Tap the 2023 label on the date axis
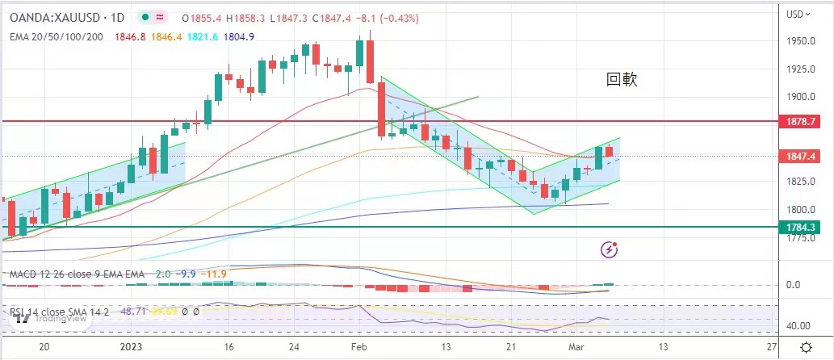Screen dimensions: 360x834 [x=132, y=345]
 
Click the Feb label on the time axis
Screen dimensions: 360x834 [x=358, y=345]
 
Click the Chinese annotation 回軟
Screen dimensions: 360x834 [x=623, y=79]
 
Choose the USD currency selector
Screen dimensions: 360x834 [x=798, y=14]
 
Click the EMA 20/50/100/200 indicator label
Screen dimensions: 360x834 [x=57, y=36]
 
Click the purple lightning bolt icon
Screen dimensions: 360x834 [x=610, y=250]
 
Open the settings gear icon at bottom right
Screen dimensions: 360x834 [x=805, y=346]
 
